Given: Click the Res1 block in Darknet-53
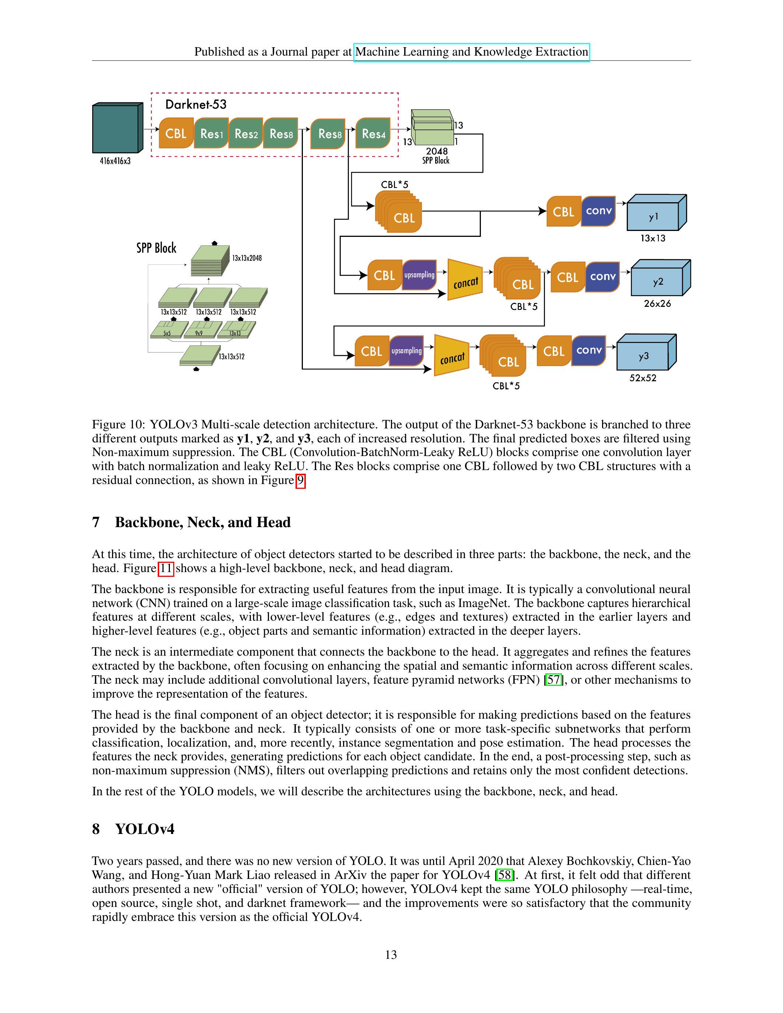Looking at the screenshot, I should click(x=211, y=134).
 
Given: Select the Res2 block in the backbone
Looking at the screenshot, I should click(x=246, y=134).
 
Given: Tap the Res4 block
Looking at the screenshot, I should click(x=373, y=134).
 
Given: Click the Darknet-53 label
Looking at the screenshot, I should click(x=196, y=104).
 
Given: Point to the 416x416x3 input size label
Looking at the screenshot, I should click(x=115, y=161).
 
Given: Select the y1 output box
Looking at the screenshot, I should click(x=654, y=216).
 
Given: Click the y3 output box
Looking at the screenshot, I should click(x=644, y=356).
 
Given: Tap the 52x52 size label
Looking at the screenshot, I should click(x=643, y=378).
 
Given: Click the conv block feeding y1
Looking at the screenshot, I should click(x=598, y=211).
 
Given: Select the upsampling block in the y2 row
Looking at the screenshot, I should click(x=419, y=275).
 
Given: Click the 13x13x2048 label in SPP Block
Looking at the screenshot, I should click(x=247, y=258).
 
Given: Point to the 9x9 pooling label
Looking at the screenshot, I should click(x=199, y=333).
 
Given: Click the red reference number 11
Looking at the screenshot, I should click(x=165, y=568).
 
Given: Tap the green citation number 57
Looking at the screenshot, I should click(x=553, y=680).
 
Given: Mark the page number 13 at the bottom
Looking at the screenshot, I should click(x=391, y=954).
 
